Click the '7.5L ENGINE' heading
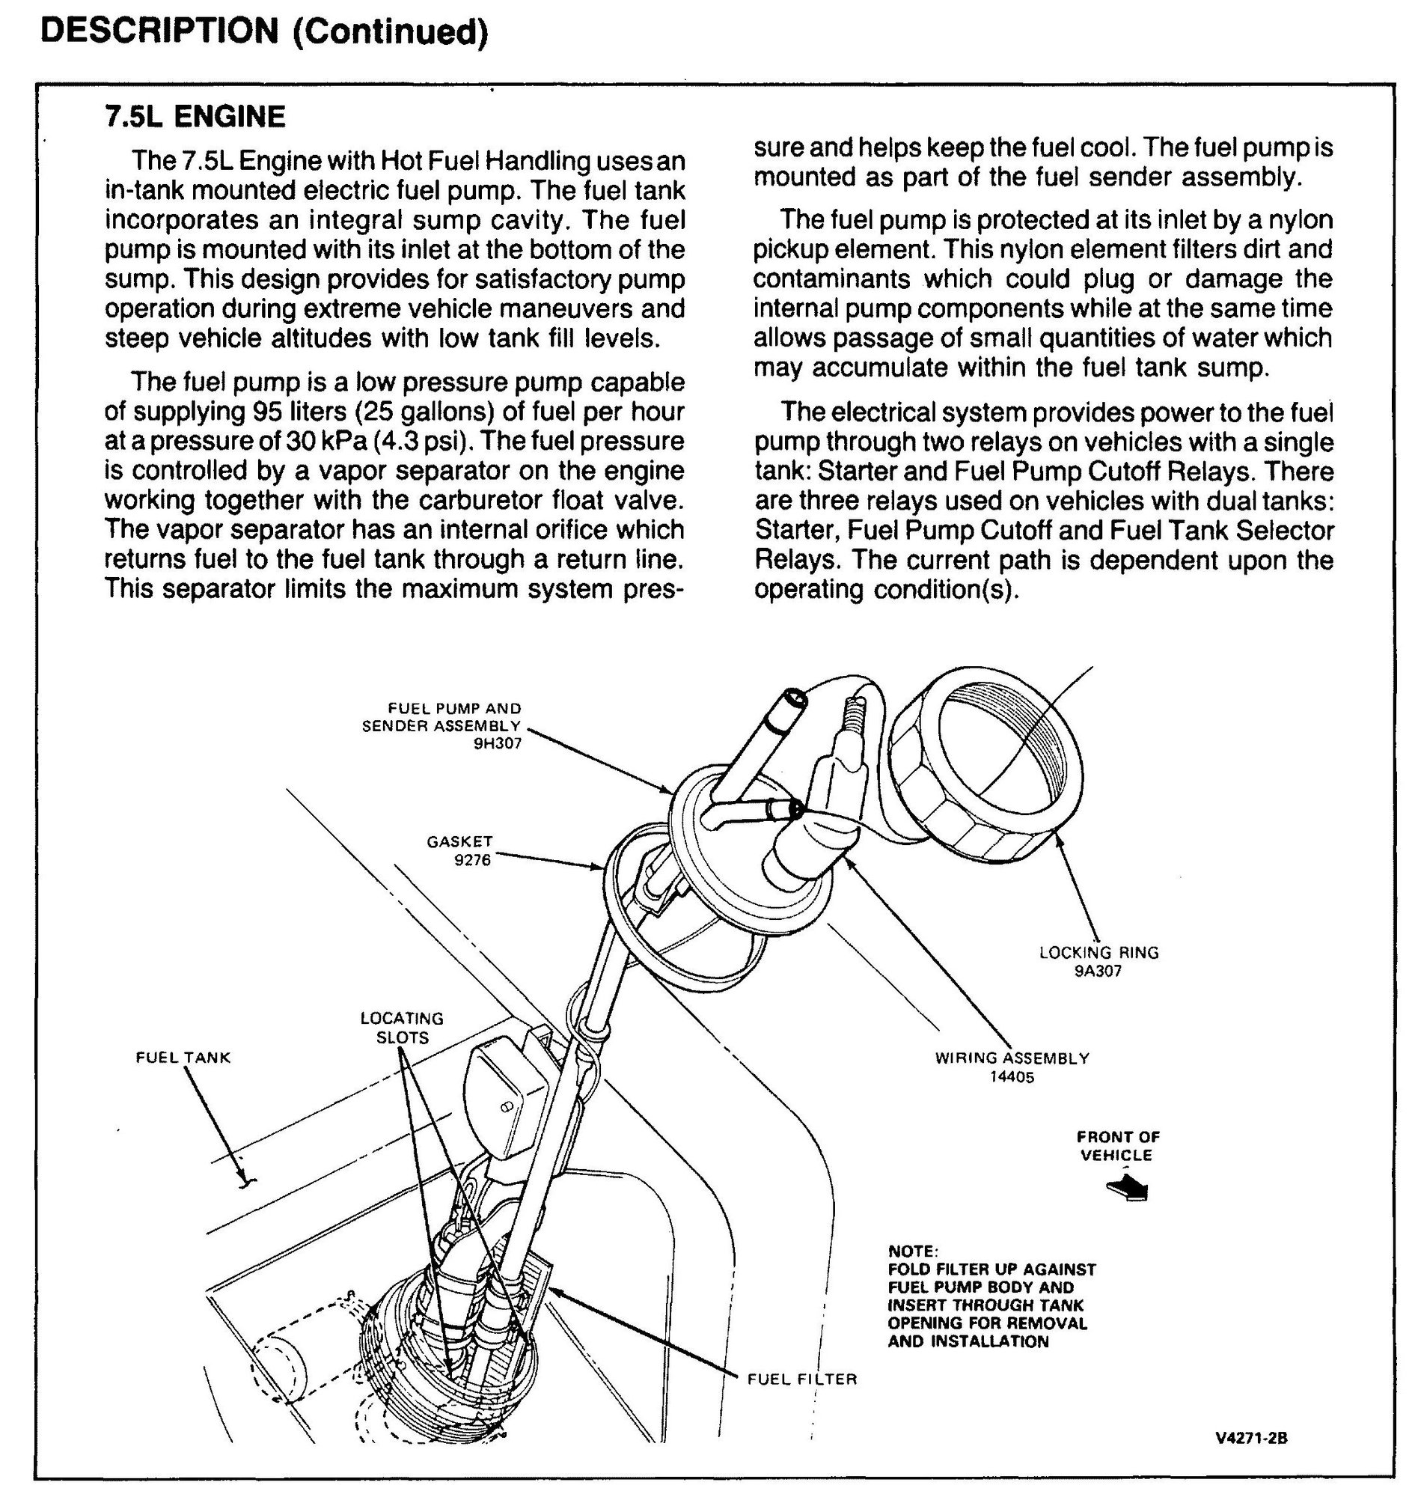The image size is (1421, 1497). [195, 117]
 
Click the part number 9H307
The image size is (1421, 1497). [498, 743]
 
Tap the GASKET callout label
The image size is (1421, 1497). [459, 841]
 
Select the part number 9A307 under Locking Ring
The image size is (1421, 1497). [1098, 972]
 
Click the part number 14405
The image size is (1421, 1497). [1011, 1076]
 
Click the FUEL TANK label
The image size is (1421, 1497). [183, 1057]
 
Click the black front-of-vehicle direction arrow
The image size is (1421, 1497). [1128, 1188]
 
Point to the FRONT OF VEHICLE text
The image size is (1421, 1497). [1117, 1145]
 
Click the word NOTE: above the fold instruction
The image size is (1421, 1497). [912, 1251]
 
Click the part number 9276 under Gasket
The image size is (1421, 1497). [472, 860]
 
